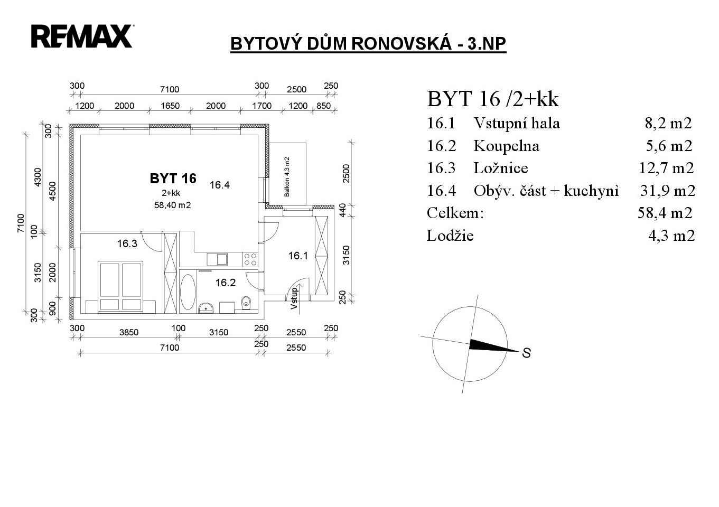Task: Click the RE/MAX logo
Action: click(x=82, y=36)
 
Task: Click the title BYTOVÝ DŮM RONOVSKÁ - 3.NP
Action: click(x=368, y=43)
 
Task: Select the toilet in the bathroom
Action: click(x=246, y=303)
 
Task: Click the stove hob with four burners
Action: click(x=250, y=259)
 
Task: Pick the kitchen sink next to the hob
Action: click(x=217, y=259)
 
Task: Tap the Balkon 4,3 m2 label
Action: click(x=287, y=176)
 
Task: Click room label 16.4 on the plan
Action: click(x=219, y=185)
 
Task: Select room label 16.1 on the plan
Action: click(x=298, y=256)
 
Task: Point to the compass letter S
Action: click(x=526, y=353)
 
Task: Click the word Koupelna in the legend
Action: click(x=506, y=146)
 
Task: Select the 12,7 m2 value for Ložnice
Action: click(x=666, y=168)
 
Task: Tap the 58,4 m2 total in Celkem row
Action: click(x=665, y=213)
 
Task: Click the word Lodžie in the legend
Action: click(x=450, y=236)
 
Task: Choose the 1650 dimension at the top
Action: click(x=170, y=106)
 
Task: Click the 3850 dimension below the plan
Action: click(x=128, y=332)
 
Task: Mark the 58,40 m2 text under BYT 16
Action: click(x=172, y=205)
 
